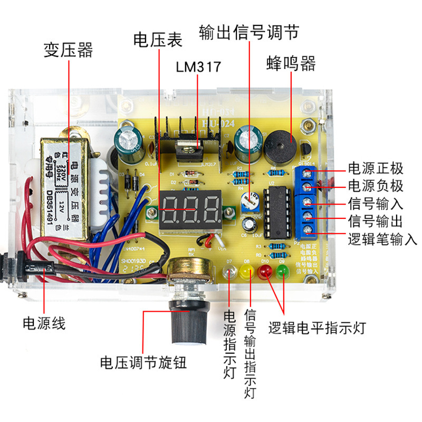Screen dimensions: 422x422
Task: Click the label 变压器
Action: [68, 50]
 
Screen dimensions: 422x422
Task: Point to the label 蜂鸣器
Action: [291, 64]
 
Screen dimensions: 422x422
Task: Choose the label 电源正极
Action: [376, 169]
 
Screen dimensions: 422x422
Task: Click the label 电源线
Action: [44, 323]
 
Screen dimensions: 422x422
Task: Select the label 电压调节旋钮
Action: [143, 363]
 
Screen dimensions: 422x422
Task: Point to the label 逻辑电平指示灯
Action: [316, 328]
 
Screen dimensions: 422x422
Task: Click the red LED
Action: [265, 273]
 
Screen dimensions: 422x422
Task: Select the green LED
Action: [282, 273]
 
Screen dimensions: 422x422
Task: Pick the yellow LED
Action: [247, 273]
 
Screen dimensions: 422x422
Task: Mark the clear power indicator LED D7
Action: [229, 273]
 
